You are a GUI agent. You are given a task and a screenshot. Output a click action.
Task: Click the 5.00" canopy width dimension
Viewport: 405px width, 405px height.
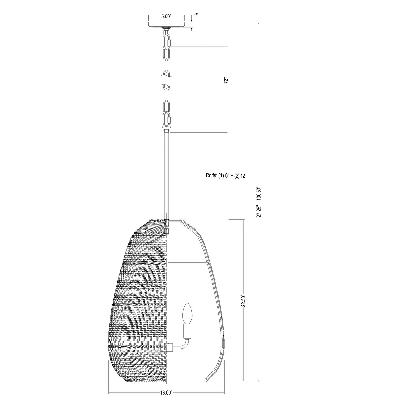click(x=166, y=17)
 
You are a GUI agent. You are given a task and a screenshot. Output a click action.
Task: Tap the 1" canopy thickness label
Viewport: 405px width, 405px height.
click(x=196, y=15)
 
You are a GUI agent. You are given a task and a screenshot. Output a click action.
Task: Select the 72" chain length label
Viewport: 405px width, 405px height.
click(x=226, y=81)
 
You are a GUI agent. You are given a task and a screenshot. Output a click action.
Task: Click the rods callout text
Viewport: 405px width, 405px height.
click(x=226, y=176)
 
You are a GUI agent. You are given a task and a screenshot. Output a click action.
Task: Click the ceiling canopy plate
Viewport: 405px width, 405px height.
click(x=166, y=24)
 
